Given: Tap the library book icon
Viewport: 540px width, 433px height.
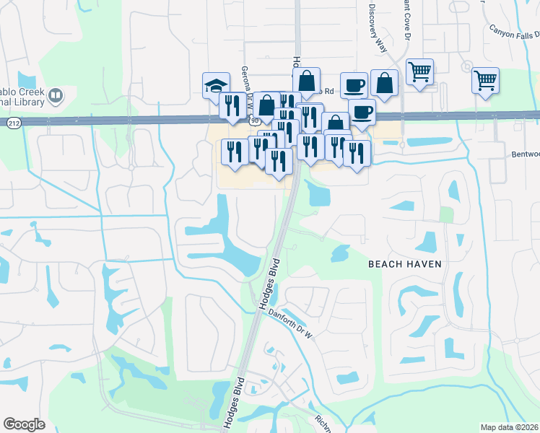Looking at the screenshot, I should click(55, 95).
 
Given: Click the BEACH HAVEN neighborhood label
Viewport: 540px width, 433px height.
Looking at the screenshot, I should click(404, 264).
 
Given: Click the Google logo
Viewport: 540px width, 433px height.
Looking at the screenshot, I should click(24, 424).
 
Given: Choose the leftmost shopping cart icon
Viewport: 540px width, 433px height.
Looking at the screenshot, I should click(419, 72).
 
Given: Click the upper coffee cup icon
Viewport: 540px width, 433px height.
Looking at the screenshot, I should click(354, 85).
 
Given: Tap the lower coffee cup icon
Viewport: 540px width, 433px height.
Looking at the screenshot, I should click(362, 112).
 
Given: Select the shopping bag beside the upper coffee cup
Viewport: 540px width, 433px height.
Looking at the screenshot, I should click(385, 83).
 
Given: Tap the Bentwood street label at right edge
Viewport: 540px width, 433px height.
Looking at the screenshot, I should click(526, 154).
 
